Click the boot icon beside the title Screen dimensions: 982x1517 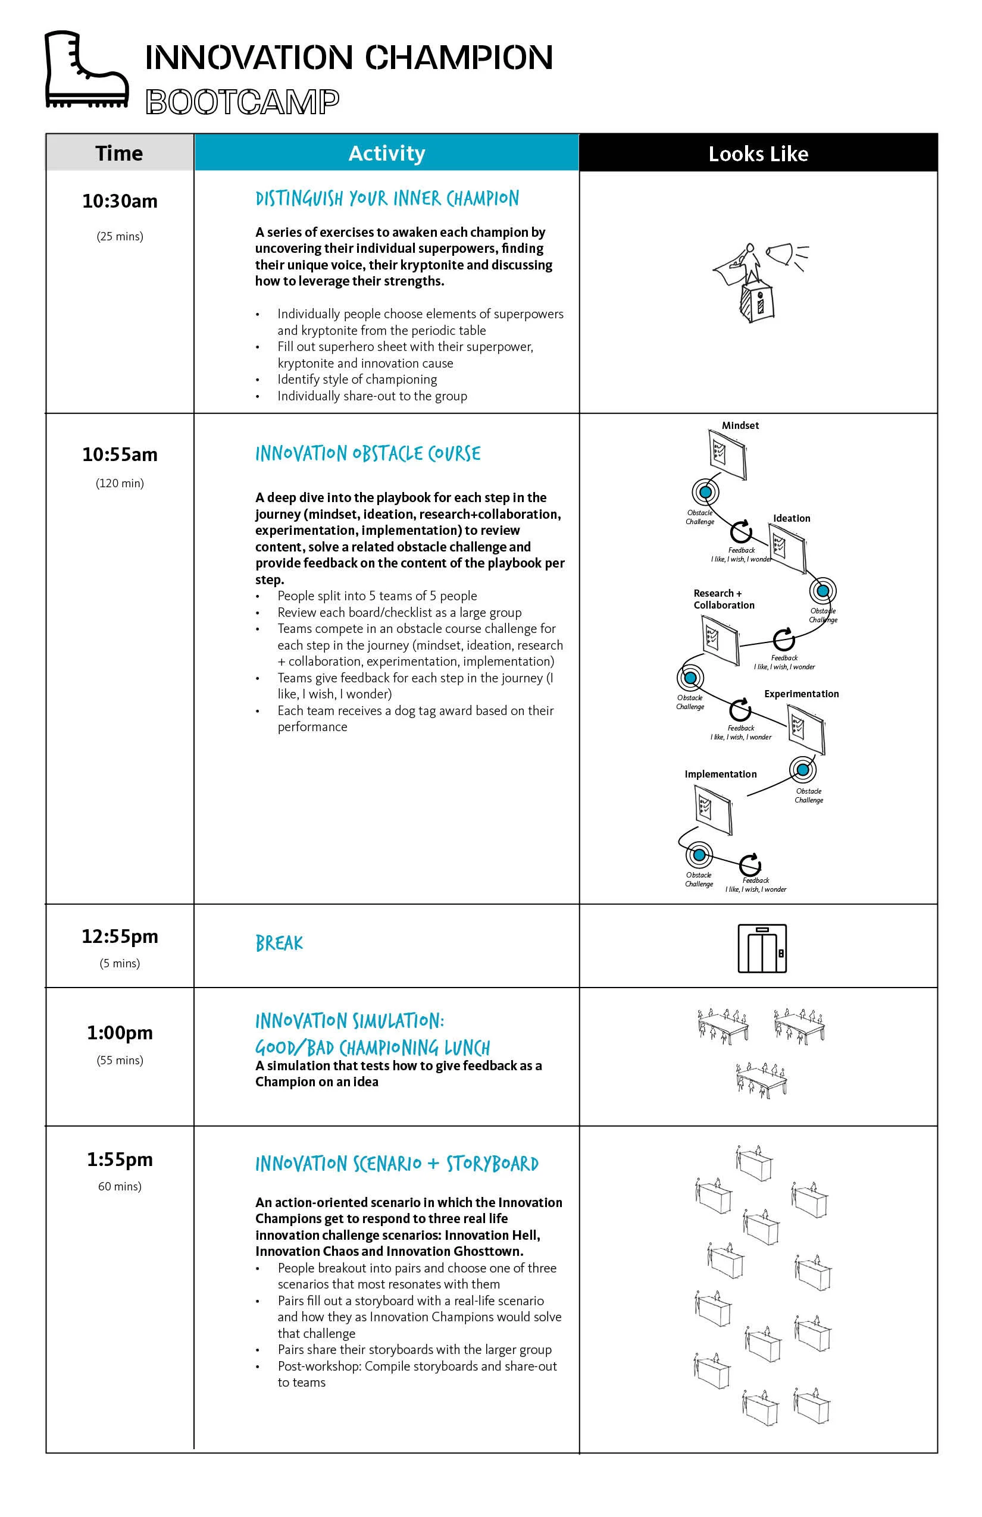pos(87,70)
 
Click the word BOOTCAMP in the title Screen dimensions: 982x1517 pos(242,102)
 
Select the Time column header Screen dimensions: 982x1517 pos(119,153)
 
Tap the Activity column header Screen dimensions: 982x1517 pos(386,153)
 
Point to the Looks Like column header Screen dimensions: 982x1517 pos(758,153)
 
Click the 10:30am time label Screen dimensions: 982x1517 pos(120,202)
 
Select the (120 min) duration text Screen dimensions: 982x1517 pos(120,483)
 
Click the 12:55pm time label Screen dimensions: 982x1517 pos(120,936)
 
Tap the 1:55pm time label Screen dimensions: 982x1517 pos(120,1159)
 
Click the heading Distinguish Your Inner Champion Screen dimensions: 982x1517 pos(387,199)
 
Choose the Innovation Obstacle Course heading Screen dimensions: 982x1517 pos(368,454)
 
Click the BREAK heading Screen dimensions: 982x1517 pos(279,944)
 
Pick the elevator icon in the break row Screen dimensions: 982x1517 pos(762,948)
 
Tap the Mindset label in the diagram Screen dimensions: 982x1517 pos(740,426)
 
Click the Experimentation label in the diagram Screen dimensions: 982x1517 pos(802,694)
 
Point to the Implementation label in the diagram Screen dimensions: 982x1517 pos(721,775)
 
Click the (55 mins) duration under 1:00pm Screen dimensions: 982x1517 pos(120,1060)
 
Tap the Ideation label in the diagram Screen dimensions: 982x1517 pos(792,519)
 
